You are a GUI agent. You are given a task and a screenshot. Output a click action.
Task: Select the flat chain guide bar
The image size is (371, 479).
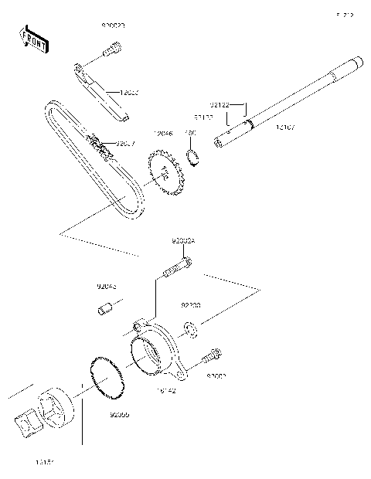100,90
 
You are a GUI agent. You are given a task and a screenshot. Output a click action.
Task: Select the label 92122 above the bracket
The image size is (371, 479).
220,103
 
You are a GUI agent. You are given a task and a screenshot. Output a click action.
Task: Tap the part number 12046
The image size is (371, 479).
164,132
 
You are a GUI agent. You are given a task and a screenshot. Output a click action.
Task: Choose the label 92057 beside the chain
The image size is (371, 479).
125,143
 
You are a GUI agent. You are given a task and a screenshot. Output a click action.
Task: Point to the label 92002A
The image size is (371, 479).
183,241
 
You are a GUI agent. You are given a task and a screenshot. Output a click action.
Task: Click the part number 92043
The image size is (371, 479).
107,286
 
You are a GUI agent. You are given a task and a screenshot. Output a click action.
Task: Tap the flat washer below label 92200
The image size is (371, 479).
190,331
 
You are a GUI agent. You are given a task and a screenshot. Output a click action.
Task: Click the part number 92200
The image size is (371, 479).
191,305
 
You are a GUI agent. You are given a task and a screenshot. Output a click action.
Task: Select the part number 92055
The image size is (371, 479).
119,414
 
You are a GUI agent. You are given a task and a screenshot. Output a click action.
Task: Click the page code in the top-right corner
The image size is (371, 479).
344,14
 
